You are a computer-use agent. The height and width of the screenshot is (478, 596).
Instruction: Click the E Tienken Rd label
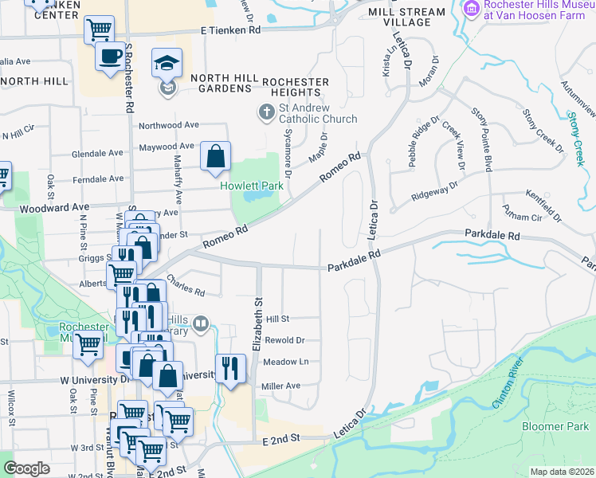(x=230, y=29)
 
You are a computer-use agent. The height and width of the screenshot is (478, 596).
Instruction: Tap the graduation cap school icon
(x=167, y=63)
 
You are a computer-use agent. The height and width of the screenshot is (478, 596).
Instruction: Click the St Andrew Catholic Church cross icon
(x=265, y=111)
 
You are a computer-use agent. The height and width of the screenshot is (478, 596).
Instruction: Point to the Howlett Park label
(x=252, y=186)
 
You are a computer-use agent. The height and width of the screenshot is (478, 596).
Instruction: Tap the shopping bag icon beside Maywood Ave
(x=215, y=157)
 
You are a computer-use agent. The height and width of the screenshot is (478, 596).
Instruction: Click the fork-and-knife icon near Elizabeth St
(x=230, y=368)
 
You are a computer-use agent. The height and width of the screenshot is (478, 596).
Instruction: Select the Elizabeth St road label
(x=257, y=319)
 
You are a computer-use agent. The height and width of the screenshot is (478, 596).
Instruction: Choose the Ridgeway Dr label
(x=434, y=190)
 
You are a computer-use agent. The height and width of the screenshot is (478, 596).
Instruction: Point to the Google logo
(x=26, y=468)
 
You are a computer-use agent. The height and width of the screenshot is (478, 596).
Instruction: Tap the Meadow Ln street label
(x=285, y=361)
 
